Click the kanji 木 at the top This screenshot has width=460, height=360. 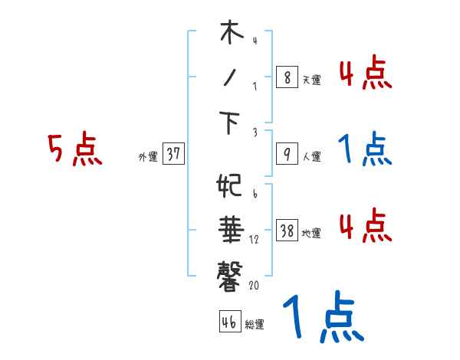point(231,34)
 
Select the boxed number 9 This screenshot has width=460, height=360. point(286,155)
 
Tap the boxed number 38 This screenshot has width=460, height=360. point(287,231)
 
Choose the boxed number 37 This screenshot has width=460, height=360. point(173,155)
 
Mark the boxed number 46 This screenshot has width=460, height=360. point(228,322)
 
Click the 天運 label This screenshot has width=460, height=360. point(311,79)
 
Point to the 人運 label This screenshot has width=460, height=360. point(311,157)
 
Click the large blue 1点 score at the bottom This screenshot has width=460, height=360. point(321,318)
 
